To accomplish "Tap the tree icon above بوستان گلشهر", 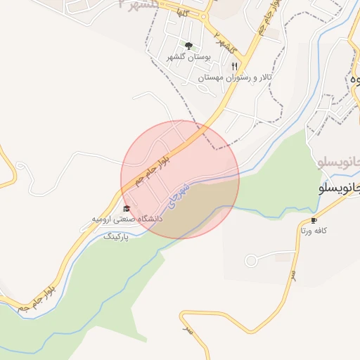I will point(188,45).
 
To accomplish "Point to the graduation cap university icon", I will point(127,208).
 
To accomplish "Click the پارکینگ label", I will point(117,238).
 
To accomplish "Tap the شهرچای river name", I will point(179,195).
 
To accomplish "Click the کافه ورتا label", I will point(314,230).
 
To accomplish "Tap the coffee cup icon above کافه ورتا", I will point(314,219).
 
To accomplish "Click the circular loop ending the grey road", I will point(251,262).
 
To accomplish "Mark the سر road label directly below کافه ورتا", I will point(293,277).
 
